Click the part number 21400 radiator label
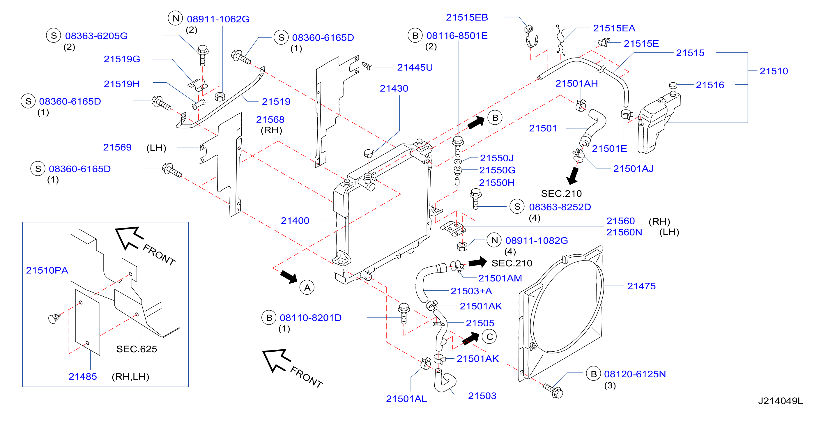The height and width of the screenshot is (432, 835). tap(295, 221)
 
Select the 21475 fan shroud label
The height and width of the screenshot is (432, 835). tap(641, 286)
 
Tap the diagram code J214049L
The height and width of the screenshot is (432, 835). tap(780, 401)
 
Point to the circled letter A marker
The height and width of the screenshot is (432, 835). tap(307, 287)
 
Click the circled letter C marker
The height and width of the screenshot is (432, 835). tap(489, 337)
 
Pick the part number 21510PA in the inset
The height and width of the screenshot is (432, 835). tap(47, 270)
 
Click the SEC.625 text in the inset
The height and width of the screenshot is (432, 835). tap(137, 349)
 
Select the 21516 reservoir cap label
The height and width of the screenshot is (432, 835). tap(710, 85)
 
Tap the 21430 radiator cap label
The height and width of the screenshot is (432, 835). tap(394, 88)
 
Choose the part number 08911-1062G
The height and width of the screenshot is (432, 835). tap(218, 19)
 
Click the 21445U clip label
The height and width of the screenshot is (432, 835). tap(415, 68)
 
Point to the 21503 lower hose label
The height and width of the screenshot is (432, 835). tap(482, 396)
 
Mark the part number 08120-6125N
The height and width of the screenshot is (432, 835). tap(635, 374)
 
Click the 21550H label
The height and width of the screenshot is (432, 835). tap(497, 183)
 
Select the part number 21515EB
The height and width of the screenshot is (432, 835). tap(467, 17)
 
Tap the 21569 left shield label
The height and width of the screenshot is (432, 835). tap(117, 148)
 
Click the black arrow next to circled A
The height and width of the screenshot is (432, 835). tap(289, 277)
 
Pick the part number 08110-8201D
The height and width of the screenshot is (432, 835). tap(311, 318)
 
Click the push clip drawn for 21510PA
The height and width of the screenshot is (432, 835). tap(54, 318)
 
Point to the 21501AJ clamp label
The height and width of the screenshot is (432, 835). tap(633, 169)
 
